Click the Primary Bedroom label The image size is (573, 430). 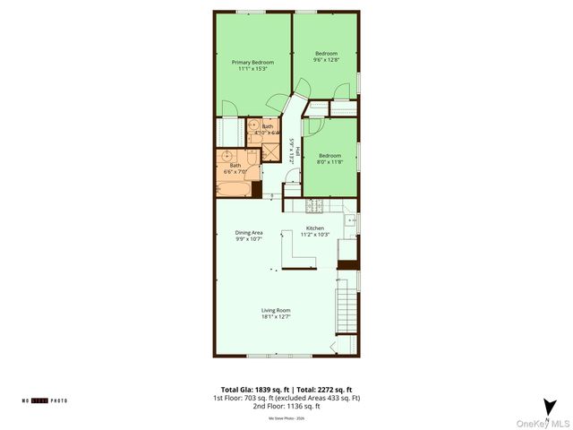[x=252, y=62]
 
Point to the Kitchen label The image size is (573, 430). [x=315, y=228]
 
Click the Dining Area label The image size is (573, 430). [x=249, y=233]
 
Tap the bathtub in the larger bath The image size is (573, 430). [x=232, y=189]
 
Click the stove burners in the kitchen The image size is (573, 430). [x=315, y=206]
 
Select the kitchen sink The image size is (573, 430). [x=349, y=219]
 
